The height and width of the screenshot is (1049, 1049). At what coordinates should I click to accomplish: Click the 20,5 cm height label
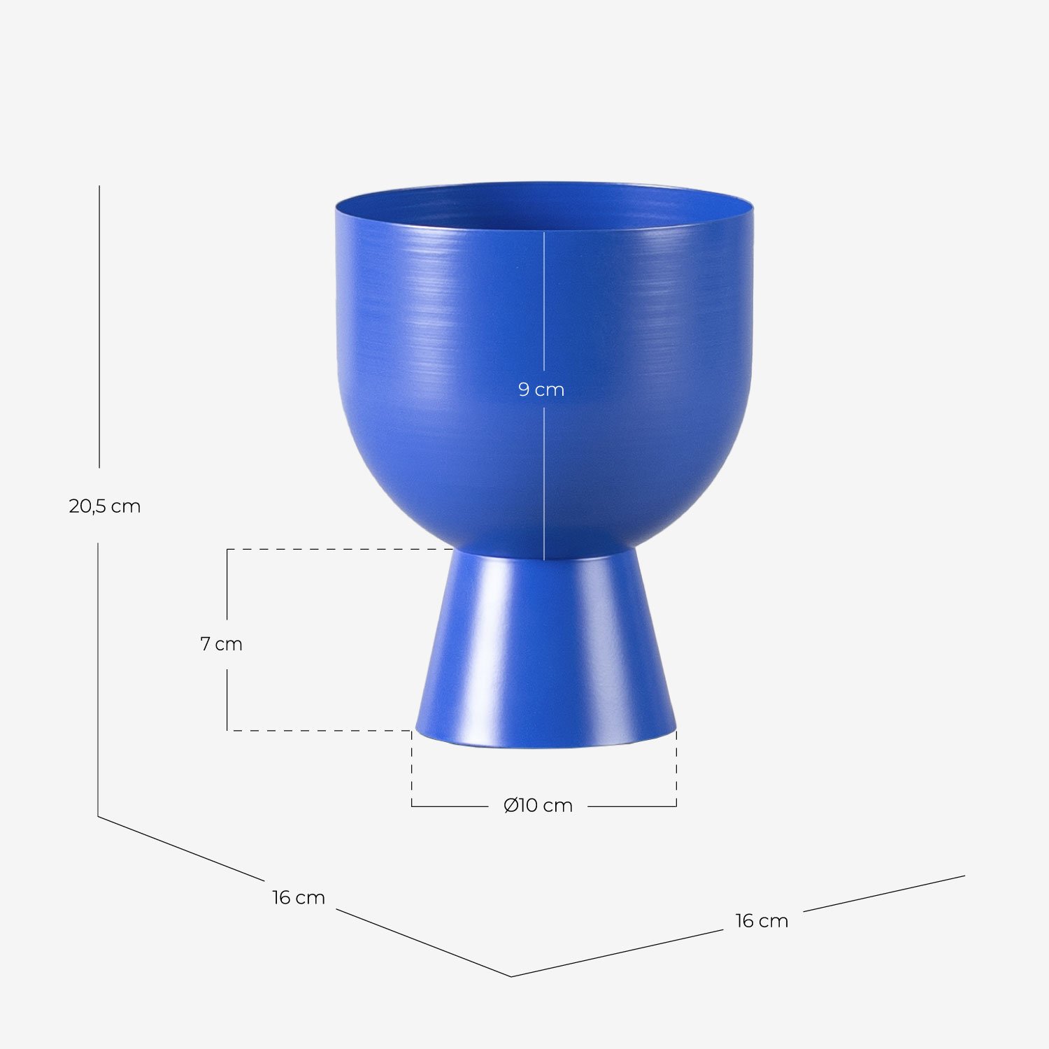click(105, 506)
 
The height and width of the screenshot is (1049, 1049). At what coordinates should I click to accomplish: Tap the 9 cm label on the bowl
click(541, 390)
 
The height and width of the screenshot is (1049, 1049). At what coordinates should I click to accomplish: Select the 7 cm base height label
click(221, 643)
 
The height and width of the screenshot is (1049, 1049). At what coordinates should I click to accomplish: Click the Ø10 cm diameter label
click(538, 806)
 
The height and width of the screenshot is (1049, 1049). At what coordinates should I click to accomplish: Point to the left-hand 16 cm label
click(299, 897)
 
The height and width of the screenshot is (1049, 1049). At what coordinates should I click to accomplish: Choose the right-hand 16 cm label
click(762, 921)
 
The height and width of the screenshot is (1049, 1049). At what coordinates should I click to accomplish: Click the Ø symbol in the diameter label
click(511, 806)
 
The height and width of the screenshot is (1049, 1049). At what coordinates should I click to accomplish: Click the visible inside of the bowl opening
click(544, 207)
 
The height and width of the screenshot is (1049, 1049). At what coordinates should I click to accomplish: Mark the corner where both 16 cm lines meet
click(511, 976)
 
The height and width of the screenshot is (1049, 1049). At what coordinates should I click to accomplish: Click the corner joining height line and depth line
click(98, 816)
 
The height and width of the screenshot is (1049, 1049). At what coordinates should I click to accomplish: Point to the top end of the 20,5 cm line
click(99, 187)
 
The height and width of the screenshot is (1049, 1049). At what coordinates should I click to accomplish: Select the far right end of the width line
click(964, 876)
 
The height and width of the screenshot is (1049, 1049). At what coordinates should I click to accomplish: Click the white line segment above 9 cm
click(544, 301)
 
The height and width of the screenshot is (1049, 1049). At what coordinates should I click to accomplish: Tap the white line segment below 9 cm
click(544, 483)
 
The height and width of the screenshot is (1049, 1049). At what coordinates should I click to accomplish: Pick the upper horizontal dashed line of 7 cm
click(336, 549)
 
